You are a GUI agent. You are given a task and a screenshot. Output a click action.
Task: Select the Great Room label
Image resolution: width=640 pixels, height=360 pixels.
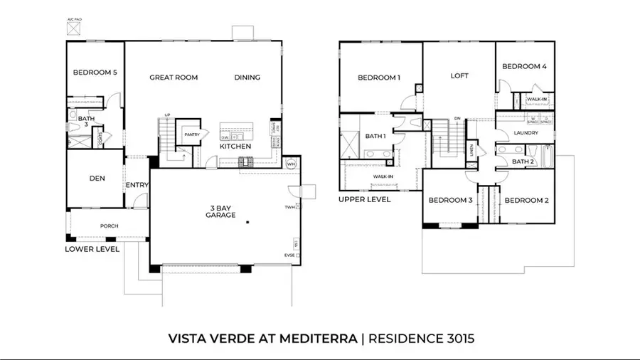pyautogui.click(x=174, y=78)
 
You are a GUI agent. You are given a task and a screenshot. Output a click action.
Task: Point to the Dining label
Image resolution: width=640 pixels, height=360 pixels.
pyautogui.click(x=247, y=78)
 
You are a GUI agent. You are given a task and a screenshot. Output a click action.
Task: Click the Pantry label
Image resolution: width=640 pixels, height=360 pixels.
pyautogui.click(x=191, y=134)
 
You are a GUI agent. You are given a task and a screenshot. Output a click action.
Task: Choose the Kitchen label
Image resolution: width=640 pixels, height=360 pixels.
pyautogui.click(x=235, y=146)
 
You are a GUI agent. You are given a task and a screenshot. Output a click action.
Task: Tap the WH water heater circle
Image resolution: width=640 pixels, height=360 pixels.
pyautogui.click(x=290, y=164)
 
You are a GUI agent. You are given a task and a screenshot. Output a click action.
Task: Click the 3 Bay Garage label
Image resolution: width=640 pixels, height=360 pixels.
pyautogui.click(x=220, y=211)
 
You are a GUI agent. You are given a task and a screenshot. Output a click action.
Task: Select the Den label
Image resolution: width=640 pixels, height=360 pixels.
pyautogui.click(x=97, y=179)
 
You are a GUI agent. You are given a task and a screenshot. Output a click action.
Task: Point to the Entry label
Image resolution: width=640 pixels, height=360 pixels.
pyautogui.click(x=137, y=186)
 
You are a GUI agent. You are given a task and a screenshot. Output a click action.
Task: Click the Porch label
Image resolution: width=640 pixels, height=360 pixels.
pyautogui.click(x=109, y=226)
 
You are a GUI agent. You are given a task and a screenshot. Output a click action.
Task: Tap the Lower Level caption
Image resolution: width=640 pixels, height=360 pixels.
pyautogui.click(x=92, y=249)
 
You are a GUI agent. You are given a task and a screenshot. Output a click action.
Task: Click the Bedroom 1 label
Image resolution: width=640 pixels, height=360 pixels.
pyautogui.click(x=379, y=78)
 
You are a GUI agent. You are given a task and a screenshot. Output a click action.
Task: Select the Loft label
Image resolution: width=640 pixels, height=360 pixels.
pyautogui.click(x=459, y=75)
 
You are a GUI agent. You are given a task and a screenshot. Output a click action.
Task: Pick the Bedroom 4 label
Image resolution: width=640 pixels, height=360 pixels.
pyautogui.click(x=524, y=67)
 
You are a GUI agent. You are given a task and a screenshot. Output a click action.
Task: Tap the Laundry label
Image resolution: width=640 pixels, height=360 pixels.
pyautogui.click(x=527, y=133)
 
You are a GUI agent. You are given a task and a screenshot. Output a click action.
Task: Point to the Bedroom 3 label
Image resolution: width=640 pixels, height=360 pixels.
pyautogui.click(x=450, y=200)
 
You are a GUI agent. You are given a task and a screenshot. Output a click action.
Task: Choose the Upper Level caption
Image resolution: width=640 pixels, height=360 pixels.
pyautogui.click(x=365, y=200)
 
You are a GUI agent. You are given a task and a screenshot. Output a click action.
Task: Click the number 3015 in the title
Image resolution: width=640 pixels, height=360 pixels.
pyautogui.click(x=455, y=339)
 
